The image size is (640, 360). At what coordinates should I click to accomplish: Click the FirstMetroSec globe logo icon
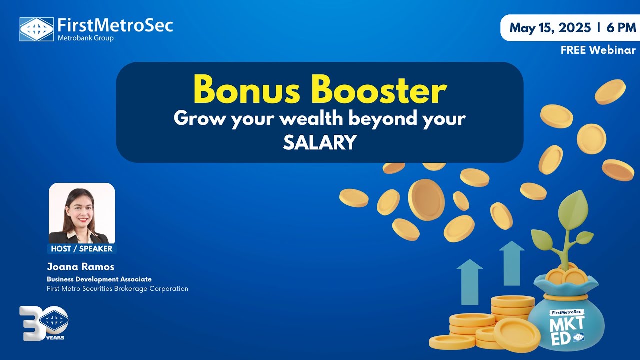(x=36, y=29)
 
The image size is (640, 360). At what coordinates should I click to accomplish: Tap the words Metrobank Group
(x=85, y=38)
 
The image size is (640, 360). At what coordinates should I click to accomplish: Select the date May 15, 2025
(x=550, y=28)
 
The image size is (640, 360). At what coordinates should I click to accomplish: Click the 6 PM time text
(x=621, y=28)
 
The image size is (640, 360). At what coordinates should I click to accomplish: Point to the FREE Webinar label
(x=598, y=50)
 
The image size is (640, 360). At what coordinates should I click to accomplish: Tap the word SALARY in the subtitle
(x=320, y=143)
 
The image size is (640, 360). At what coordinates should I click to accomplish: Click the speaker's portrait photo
(x=82, y=213)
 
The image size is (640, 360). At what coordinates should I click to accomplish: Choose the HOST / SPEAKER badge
(x=82, y=248)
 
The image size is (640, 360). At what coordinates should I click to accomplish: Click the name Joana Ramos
(x=80, y=267)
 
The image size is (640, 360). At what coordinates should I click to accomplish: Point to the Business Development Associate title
(x=99, y=279)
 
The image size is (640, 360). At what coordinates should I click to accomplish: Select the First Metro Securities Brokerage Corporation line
(x=117, y=288)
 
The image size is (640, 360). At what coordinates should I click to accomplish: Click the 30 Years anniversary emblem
(x=44, y=323)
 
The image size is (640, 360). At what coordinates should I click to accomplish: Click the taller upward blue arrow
(x=511, y=263)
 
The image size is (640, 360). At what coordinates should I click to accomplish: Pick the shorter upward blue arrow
(x=469, y=282)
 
